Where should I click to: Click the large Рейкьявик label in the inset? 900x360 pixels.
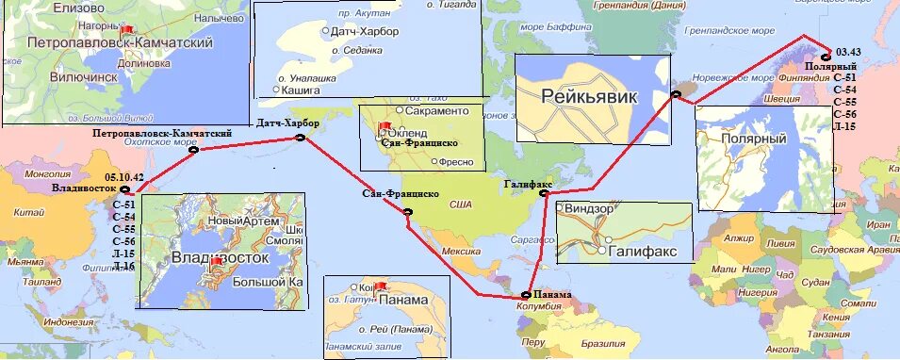[589, 96]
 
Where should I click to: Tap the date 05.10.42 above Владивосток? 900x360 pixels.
[124, 177]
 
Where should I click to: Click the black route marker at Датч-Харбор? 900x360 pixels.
[300, 138]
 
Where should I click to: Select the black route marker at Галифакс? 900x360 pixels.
[544, 193]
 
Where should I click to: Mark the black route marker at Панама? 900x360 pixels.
[525, 295]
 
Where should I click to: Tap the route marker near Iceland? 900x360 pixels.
[675, 93]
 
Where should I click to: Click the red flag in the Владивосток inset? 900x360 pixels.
[218, 260]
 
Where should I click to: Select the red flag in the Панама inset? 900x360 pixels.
[382, 286]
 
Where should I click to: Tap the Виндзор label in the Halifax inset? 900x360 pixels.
[590, 206]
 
